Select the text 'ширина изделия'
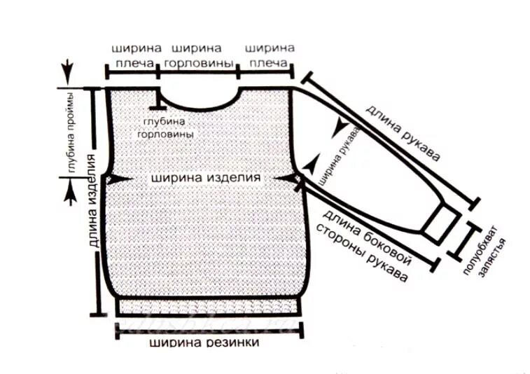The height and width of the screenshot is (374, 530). [x=205, y=178]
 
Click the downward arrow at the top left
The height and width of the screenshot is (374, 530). [x=67, y=71]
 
